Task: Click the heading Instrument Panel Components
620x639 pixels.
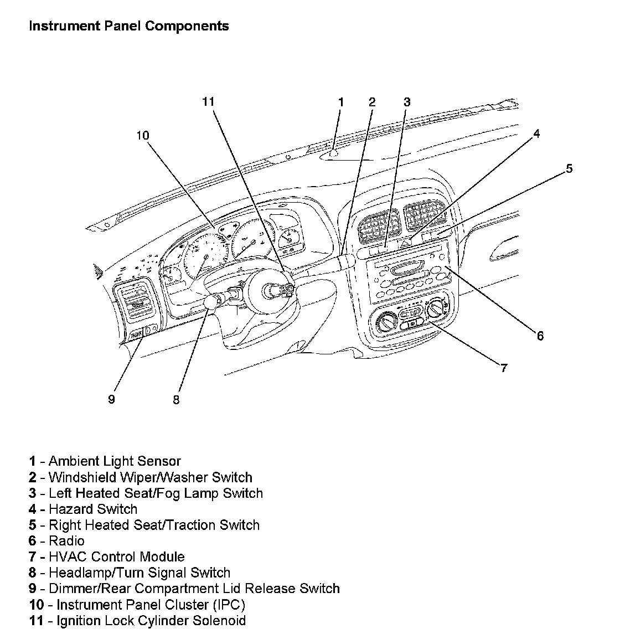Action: point(128,26)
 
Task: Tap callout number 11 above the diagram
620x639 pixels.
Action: point(208,102)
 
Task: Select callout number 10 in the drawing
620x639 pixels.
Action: point(143,136)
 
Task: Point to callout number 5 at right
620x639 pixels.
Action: point(569,169)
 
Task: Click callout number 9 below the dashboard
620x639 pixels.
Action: point(112,399)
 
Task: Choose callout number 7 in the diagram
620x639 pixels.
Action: point(503,368)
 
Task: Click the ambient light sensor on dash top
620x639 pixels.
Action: point(334,153)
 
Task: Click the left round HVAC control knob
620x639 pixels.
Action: point(384,322)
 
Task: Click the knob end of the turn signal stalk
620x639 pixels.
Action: point(211,301)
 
